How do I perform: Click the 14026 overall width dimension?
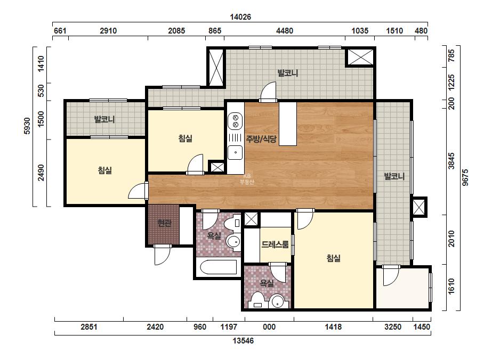(240, 17)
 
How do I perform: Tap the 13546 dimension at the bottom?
(243, 340)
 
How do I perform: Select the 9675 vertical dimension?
(465, 177)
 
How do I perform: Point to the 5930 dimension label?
(27, 126)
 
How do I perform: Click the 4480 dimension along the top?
(284, 31)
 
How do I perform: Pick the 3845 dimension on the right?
(451, 161)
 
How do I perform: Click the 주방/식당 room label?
(261, 138)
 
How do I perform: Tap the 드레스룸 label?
(275, 244)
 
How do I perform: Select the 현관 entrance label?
(164, 223)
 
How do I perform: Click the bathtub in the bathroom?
(219, 267)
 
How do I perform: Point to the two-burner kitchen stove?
(235, 121)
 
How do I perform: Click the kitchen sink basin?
(235, 153)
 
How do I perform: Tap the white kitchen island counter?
(288, 124)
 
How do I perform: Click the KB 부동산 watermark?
(247, 179)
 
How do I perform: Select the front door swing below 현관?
(162, 255)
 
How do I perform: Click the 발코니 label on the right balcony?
(394, 176)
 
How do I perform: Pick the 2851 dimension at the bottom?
(89, 327)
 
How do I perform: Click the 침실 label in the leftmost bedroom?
(105, 170)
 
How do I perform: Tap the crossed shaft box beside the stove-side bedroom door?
(216, 167)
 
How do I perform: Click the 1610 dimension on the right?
(451, 286)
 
